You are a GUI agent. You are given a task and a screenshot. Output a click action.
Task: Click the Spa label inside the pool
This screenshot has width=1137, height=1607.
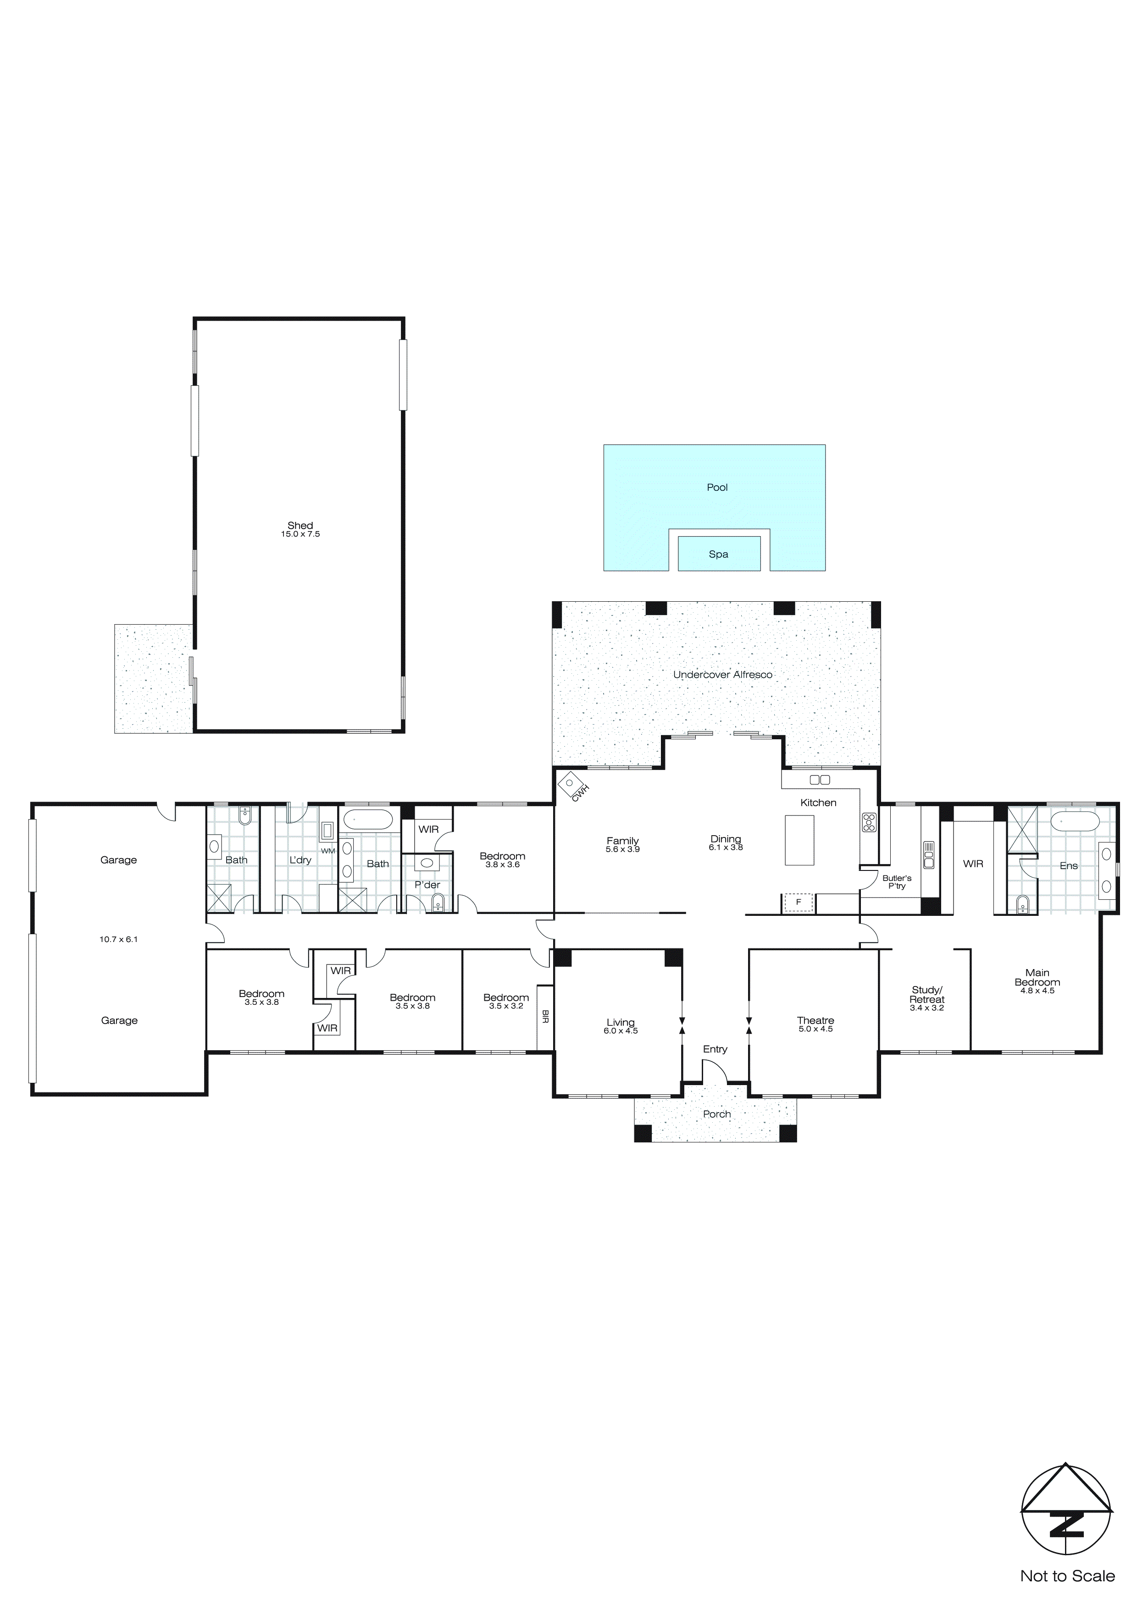(x=718, y=554)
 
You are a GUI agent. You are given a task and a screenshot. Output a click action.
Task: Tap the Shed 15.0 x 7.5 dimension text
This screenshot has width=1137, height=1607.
(x=300, y=534)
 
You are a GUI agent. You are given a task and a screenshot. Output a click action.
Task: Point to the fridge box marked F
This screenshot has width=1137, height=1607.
(x=798, y=903)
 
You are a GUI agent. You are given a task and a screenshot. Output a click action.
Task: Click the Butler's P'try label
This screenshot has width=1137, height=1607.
(x=897, y=882)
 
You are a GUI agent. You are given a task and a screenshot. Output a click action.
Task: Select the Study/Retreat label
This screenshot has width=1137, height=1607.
(x=927, y=995)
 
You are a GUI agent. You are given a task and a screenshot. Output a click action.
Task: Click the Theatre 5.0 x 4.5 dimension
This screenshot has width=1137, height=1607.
(x=815, y=1030)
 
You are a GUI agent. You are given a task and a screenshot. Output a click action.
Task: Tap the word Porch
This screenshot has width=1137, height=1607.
(x=717, y=1114)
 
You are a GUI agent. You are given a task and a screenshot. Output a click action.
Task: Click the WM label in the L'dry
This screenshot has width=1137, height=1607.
(x=327, y=851)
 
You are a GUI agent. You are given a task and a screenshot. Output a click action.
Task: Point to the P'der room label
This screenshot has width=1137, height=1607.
(x=427, y=885)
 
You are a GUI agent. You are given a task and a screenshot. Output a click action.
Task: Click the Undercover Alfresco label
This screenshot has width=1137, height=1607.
(x=722, y=675)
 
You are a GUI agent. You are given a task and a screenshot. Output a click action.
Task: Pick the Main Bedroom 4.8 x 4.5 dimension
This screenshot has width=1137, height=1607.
(x=1037, y=991)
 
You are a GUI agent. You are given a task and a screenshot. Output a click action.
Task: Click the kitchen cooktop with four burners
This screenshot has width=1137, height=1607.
(x=869, y=822)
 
